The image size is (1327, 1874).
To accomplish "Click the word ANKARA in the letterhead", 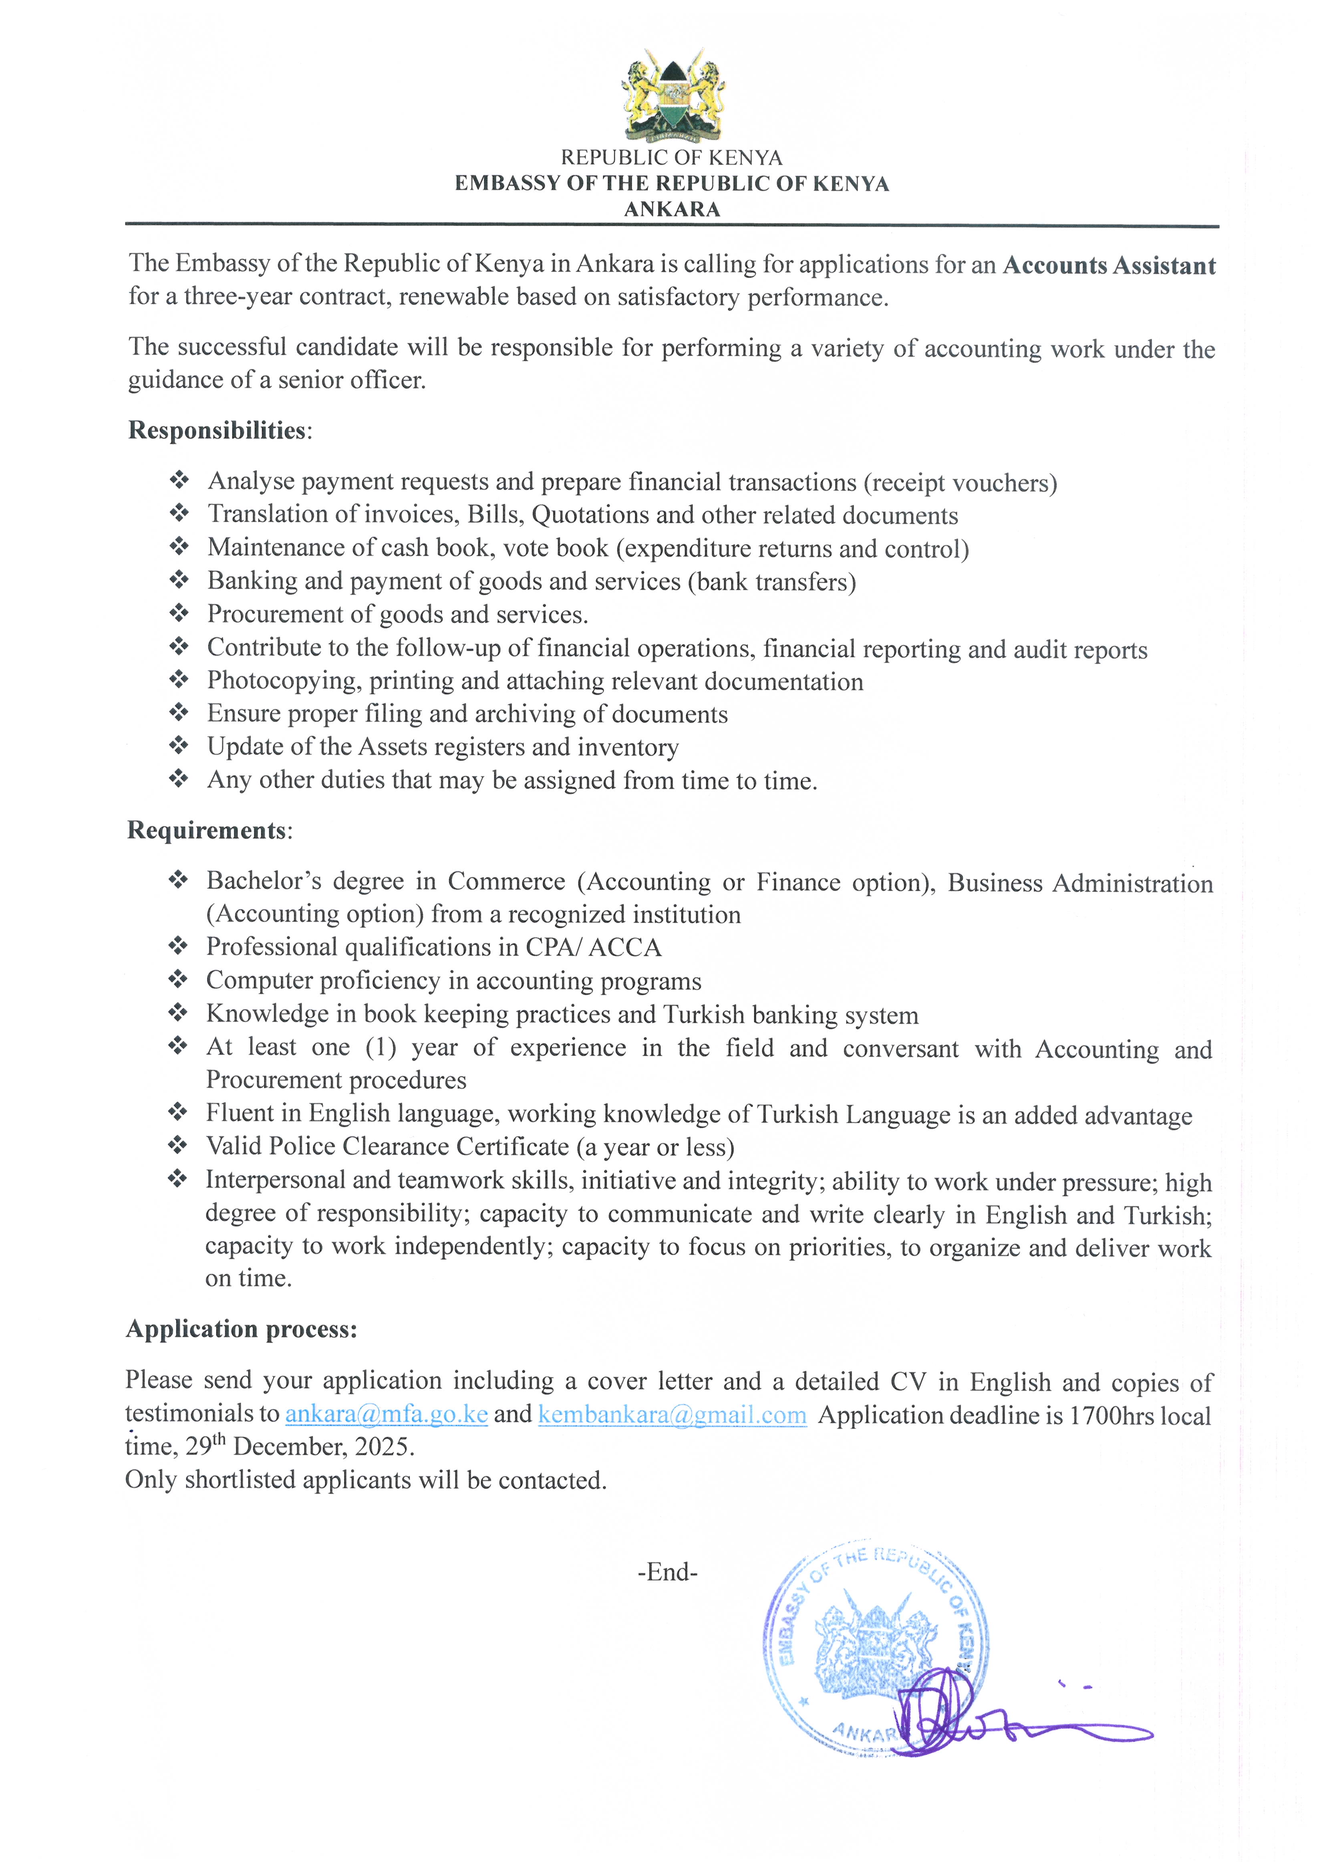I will [x=672, y=209].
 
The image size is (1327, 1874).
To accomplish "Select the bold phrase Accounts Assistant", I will [x=1109, y=266].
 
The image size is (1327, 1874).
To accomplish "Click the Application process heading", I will [x=241, y=1329].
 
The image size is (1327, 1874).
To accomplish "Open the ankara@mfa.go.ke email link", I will [x=387, y=1414].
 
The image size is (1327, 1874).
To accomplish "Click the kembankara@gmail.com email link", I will [x=672, y=1415].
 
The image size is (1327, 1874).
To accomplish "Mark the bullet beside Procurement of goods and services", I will [x=179, y=613].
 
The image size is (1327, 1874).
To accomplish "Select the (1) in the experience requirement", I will [x=381, y=1048].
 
